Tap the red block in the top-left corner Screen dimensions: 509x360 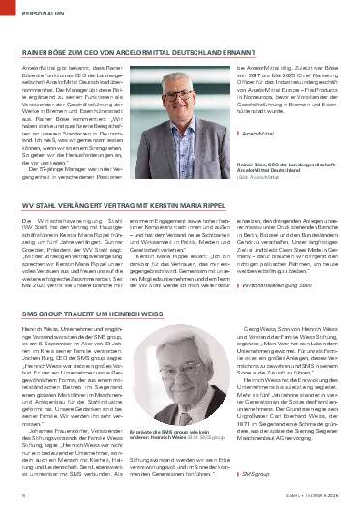[6, 13]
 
